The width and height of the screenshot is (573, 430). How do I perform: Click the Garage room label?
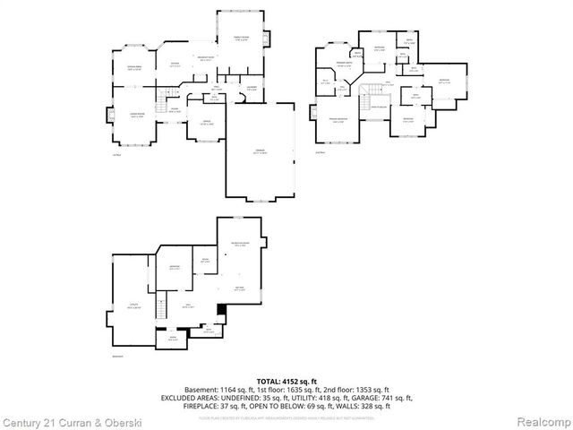click(261, 152)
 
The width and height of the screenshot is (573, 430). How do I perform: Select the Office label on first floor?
click(206, 123)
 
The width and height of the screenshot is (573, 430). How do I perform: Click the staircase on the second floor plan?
click(364, 100)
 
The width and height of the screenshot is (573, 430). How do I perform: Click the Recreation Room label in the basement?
click(240, 244)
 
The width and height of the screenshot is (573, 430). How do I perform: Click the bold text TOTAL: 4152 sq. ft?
click(286, 382)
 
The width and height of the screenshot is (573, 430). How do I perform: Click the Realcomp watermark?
click(543, 421)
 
